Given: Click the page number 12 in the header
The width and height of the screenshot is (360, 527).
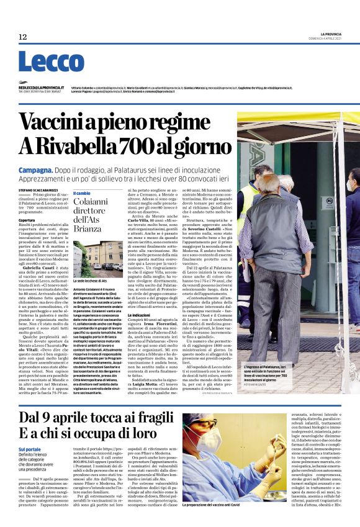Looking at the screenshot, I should coord(23,37).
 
